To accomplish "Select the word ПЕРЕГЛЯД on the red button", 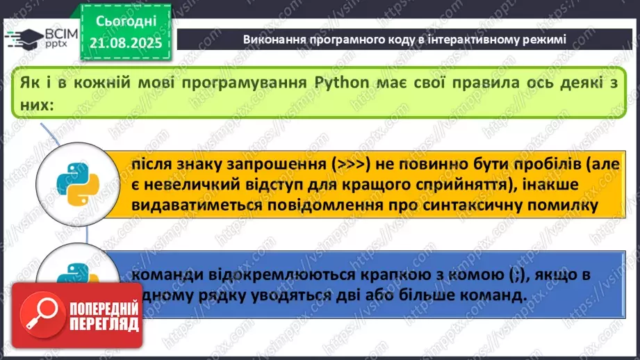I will [x=103, y=325].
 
